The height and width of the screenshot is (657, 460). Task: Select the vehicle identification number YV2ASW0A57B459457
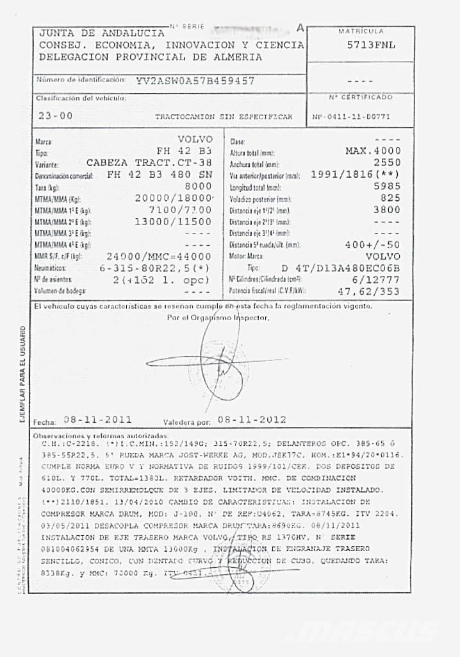pyautogui.click(x=195, y=81)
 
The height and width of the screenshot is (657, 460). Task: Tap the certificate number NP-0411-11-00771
pyautogui.click(x=360, y=117)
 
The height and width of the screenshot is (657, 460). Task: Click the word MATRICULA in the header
pyautogui.click(x=361, y=31)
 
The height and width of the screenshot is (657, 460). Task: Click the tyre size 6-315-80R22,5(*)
pyautogui.click(x=158, y=268)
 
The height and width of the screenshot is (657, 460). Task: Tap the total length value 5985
pyautogui.click(x=386, y=186)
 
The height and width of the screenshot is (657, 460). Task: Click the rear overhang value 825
pyautogui.click(x=390, y=198)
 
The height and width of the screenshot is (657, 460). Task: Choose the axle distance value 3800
pyautogui.click(x=386, y=209)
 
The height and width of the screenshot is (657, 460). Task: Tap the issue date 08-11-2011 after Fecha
pyautogui.click(x=97, y=420)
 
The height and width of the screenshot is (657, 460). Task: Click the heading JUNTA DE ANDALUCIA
pyautogui.click(x=102, y=33)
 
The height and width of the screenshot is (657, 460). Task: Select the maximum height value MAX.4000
pyautogui.click(x=373, y=151)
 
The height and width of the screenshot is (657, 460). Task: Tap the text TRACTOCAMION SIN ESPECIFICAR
pyautogui.click(x=223, y=117)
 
